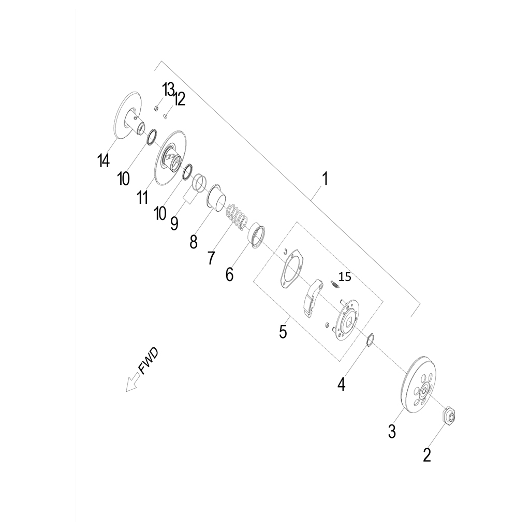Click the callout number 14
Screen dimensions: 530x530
[x=104, y=160]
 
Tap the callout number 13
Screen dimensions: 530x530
[x=168, y=90]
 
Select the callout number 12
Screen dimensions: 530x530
[x=180, y=99]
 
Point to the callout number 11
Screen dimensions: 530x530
[x=143, y=197]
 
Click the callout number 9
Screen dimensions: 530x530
[x=174, y=224]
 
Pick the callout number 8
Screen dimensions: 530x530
[x=194, y=242]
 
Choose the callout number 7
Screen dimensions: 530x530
[x=211, y=258]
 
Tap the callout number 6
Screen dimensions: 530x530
[x=229, y=274]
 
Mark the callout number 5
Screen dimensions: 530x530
[x=283, y=332]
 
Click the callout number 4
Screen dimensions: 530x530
[x=342, y=385]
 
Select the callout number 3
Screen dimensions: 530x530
[x=392, y=432]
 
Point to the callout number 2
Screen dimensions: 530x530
[x=427, y=455]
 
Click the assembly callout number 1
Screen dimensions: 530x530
[x=325, y=179]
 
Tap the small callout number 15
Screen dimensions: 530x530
[x=345, y=277]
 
